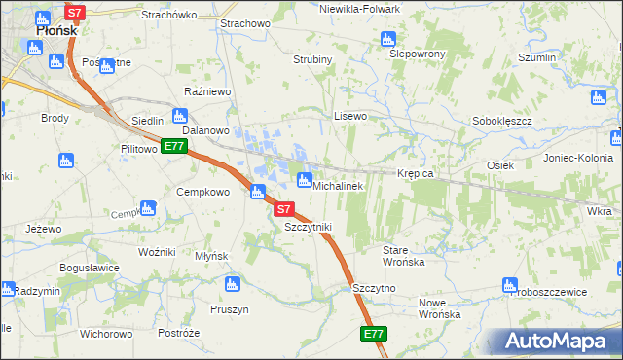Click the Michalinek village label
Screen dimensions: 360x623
(x=337, y=185)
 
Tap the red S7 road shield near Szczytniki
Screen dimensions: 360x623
(x=282, y=208)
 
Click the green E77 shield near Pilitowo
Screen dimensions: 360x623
(x=174, y=146)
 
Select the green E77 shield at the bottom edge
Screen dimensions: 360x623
(x=374, y=334)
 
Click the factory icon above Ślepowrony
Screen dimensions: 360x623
(x=387, y=39)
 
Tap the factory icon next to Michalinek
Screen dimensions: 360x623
(x=304, y=180)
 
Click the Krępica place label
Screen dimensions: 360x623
(x=415, y=173)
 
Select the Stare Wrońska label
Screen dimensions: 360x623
(x=401, y=256)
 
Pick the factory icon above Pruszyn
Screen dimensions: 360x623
(x=232, y=284)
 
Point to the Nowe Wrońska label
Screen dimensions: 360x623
(x=438, y=307)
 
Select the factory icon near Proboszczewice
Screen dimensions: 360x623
(x=508, y=285)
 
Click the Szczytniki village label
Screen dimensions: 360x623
(x=308, y=227)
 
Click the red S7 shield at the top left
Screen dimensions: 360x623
(x=75, y=13)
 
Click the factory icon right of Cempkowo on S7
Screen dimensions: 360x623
(x=258, y=192)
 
